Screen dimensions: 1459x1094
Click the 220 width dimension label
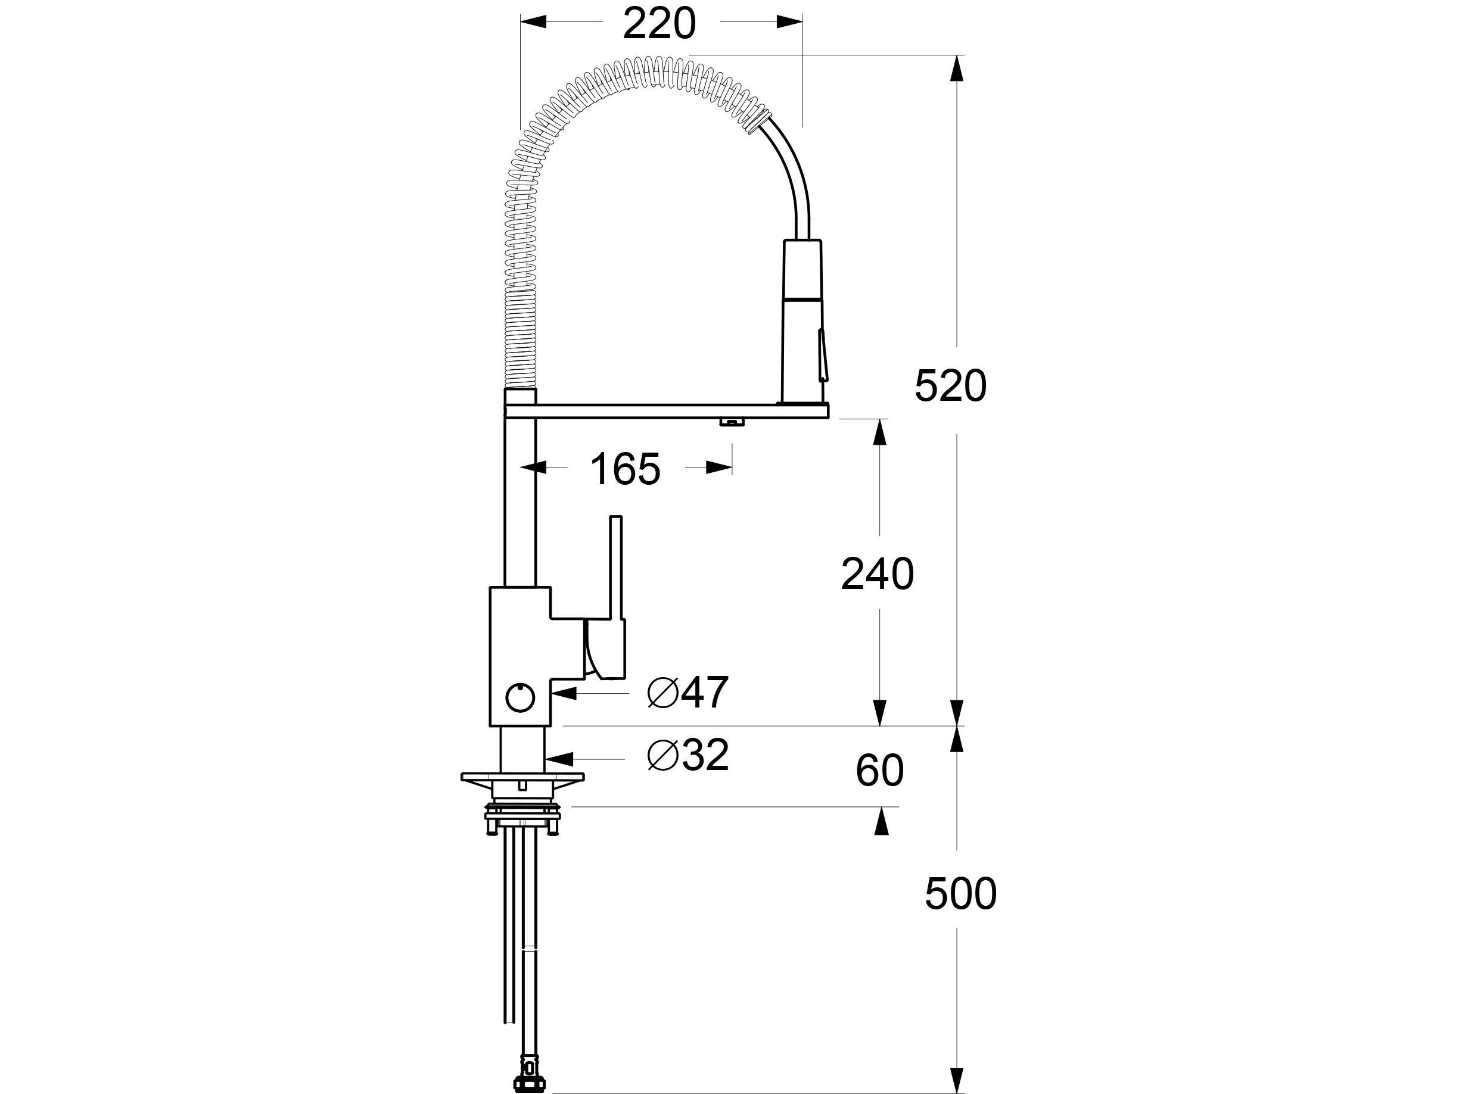(659, 24)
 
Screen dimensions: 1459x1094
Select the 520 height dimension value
(950, 387)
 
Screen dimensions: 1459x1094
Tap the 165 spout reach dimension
(624, 469)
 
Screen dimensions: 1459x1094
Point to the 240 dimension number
(877, 574)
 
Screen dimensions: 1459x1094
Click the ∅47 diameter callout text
(688, 693)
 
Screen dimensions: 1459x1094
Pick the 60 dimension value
(879, 771)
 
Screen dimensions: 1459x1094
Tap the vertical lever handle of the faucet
(615, 567)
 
